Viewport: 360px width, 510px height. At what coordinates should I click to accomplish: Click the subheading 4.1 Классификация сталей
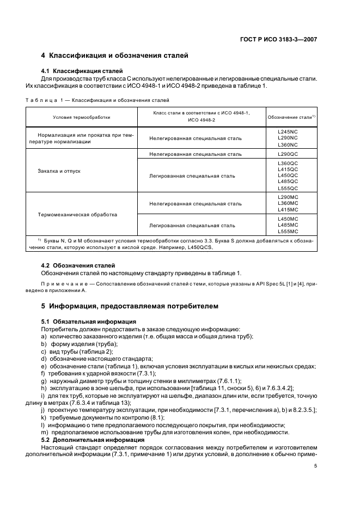pyautogui.click(x=82, y=71)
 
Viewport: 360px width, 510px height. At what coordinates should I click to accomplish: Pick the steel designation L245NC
pyautogui.click(x=288, y=132)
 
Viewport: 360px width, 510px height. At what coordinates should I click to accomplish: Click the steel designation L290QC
pyautogui.click(x=288, y=154)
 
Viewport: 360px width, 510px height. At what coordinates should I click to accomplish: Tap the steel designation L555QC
pyautogui.click(x=288, y=188)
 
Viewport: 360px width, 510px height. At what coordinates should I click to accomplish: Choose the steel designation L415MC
pyautogui.click(x=288, y=209)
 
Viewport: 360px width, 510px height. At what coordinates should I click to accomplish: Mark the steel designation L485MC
pyautogui.click(x=288, y=225)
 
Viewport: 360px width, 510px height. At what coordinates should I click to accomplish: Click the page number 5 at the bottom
pyautogui.click(x=316, y=466)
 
